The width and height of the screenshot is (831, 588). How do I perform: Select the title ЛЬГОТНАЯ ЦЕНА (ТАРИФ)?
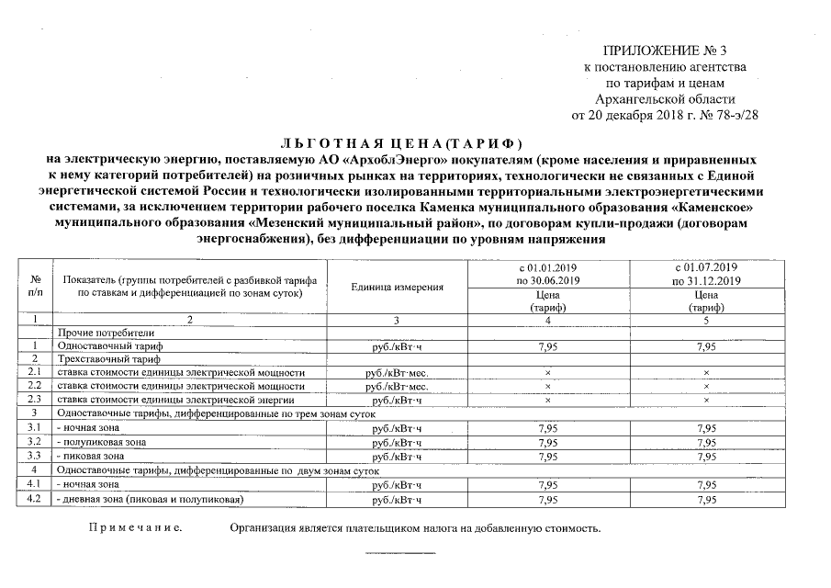coord(399,144)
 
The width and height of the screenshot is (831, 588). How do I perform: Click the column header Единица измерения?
coord(397,287)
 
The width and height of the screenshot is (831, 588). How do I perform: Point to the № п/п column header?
coord(36,286)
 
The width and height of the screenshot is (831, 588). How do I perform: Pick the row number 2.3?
coord(36,401)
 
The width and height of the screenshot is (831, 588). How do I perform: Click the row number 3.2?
coord(36,442)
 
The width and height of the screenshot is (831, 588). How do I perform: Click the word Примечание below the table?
coord(134,530)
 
